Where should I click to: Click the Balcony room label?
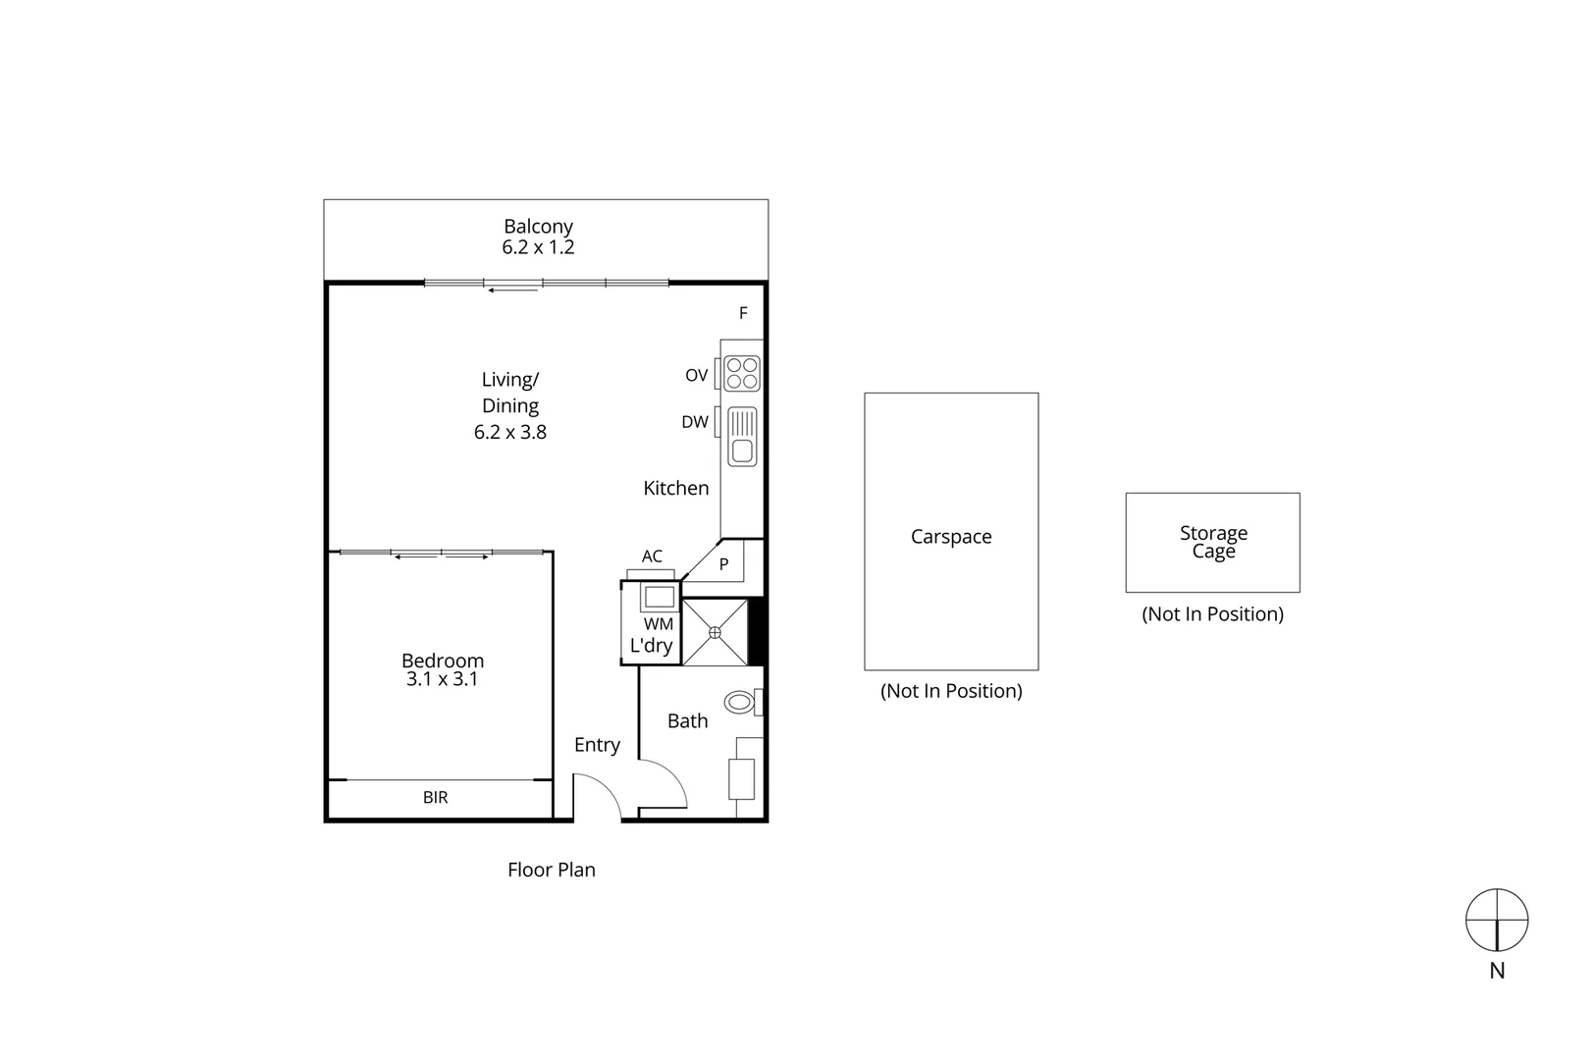pyautogui.click(x=538, y=227)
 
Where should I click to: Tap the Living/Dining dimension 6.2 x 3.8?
pyautogui.click(x=510, y=432)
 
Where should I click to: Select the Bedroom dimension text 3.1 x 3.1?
pyautogui.click(x=442, y=679)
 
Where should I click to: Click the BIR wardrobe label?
pyautogui.click(x=436, y=798)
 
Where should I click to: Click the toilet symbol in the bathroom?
pyautogui.click(x=740, y=703)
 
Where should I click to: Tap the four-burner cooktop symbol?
pyautogui.click(x=743, y=373)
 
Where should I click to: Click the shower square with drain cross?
pyautogui.click(x=715, y=633)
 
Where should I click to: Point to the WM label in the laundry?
pyautogui.click(x=659, y=624)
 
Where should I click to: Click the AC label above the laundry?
pyautogui.click(x=652, y=556)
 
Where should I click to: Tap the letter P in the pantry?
pyautogui.click(x=724, y=565)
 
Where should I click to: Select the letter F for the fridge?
pyautogui.click(x=743, y=313)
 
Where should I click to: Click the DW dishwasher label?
pyautogui.click(x=695, y=422)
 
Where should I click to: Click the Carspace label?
pyautogui.click(x=951, y=537)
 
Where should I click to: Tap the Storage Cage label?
pyautogui.click(x=1213, y=542)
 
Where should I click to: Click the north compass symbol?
pyautogui.click(x=1497, y=921)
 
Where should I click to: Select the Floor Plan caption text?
pyautogui.click(x=552, y=870)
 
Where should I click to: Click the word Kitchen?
pyautogui.click(x=676, y=488)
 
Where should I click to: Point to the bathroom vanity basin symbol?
pyautogui.click(x=742, y=779)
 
